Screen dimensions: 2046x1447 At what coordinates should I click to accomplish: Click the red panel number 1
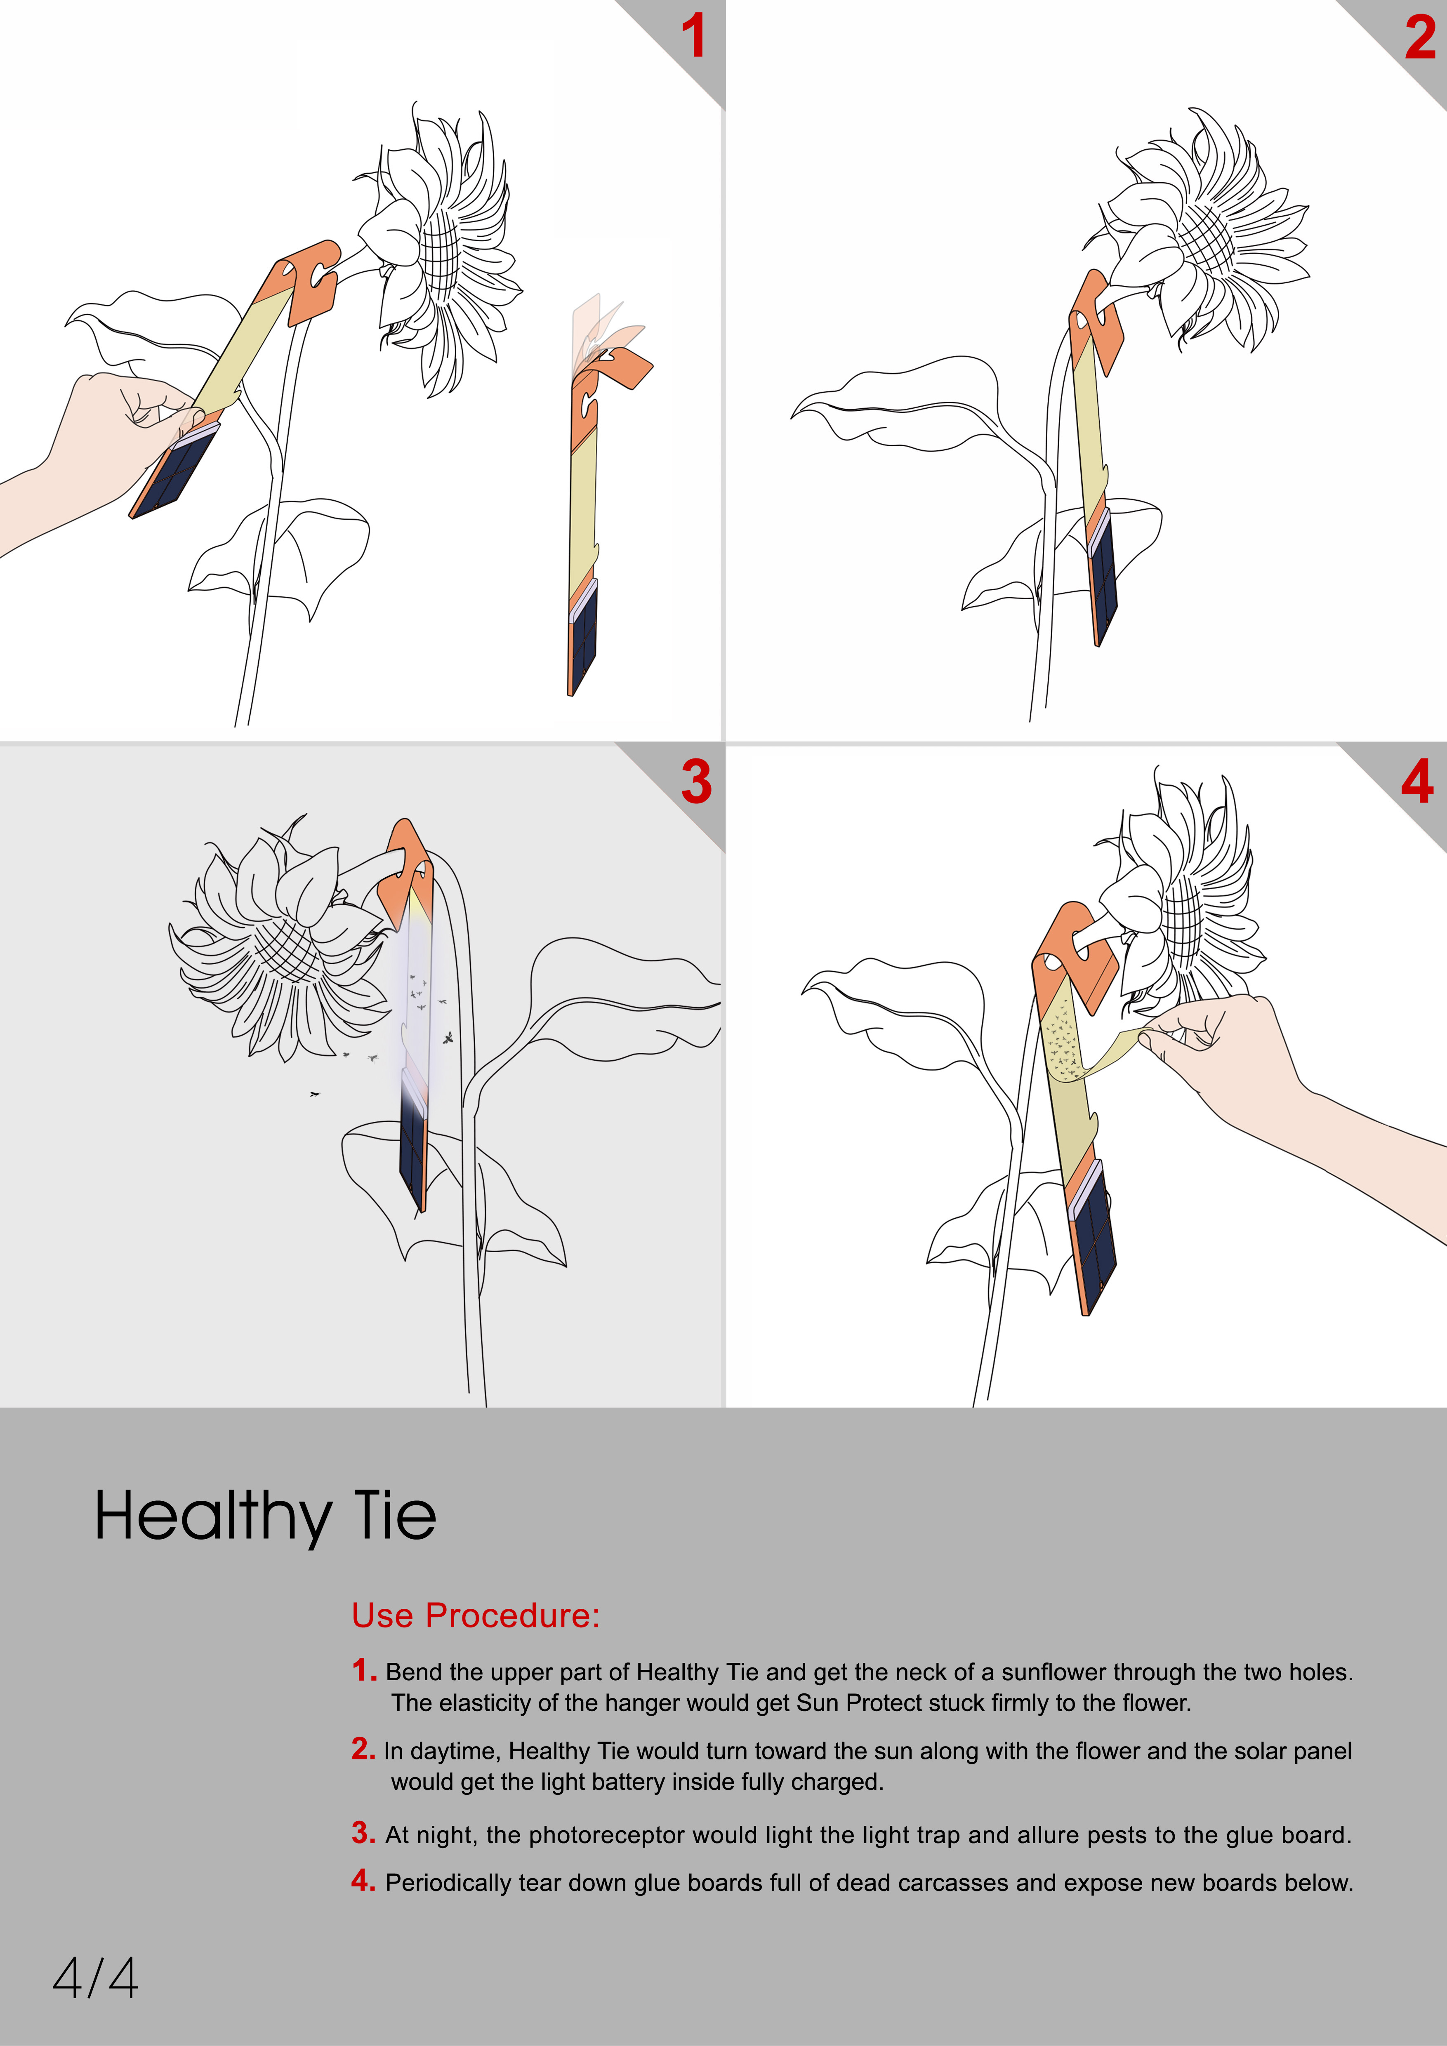pyautogui.click(x=693, y=38)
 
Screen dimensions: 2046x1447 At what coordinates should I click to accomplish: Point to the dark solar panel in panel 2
pyautogui.click(x=1103, y=579)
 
